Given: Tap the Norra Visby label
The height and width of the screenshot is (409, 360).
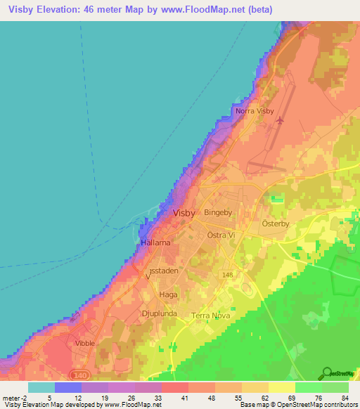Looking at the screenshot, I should tap(254, 111).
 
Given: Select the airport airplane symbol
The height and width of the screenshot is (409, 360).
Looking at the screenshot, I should tap(281, 120).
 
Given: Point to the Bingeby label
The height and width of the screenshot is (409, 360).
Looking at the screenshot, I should tap(217, 212).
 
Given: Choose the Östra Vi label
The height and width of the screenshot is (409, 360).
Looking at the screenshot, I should tap(221, 236).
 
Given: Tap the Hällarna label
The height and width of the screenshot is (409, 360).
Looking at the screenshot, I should tap(156, 242).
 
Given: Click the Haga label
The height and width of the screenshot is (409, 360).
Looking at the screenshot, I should tap(168, 295).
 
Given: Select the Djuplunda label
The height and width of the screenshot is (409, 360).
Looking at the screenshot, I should tap(160, 314).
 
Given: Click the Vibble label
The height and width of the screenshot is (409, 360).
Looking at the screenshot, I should tap(84, 343).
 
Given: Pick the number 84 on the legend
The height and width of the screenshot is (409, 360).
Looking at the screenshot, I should tap(344, 398).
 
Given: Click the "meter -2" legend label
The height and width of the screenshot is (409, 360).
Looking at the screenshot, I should tap(15, 398).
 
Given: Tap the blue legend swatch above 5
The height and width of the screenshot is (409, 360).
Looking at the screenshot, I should tap(68, 387).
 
